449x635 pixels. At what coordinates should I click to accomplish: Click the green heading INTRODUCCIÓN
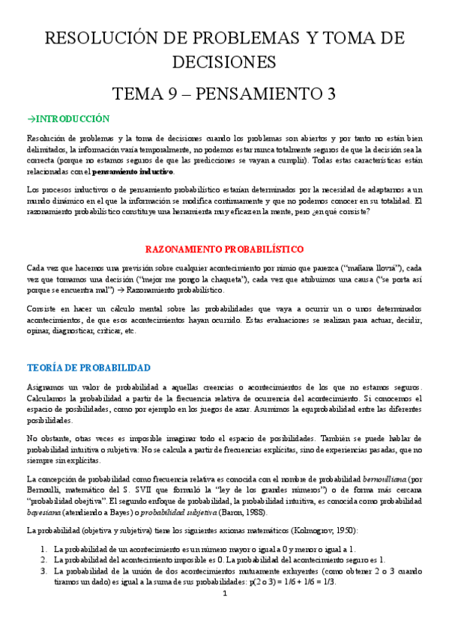pos(71,118)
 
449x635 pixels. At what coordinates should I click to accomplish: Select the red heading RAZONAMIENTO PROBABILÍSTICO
pos(224,249)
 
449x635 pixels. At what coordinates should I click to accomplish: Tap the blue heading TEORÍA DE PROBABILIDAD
pos(88,368)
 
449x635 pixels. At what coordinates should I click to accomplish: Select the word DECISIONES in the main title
pos(224,61)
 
